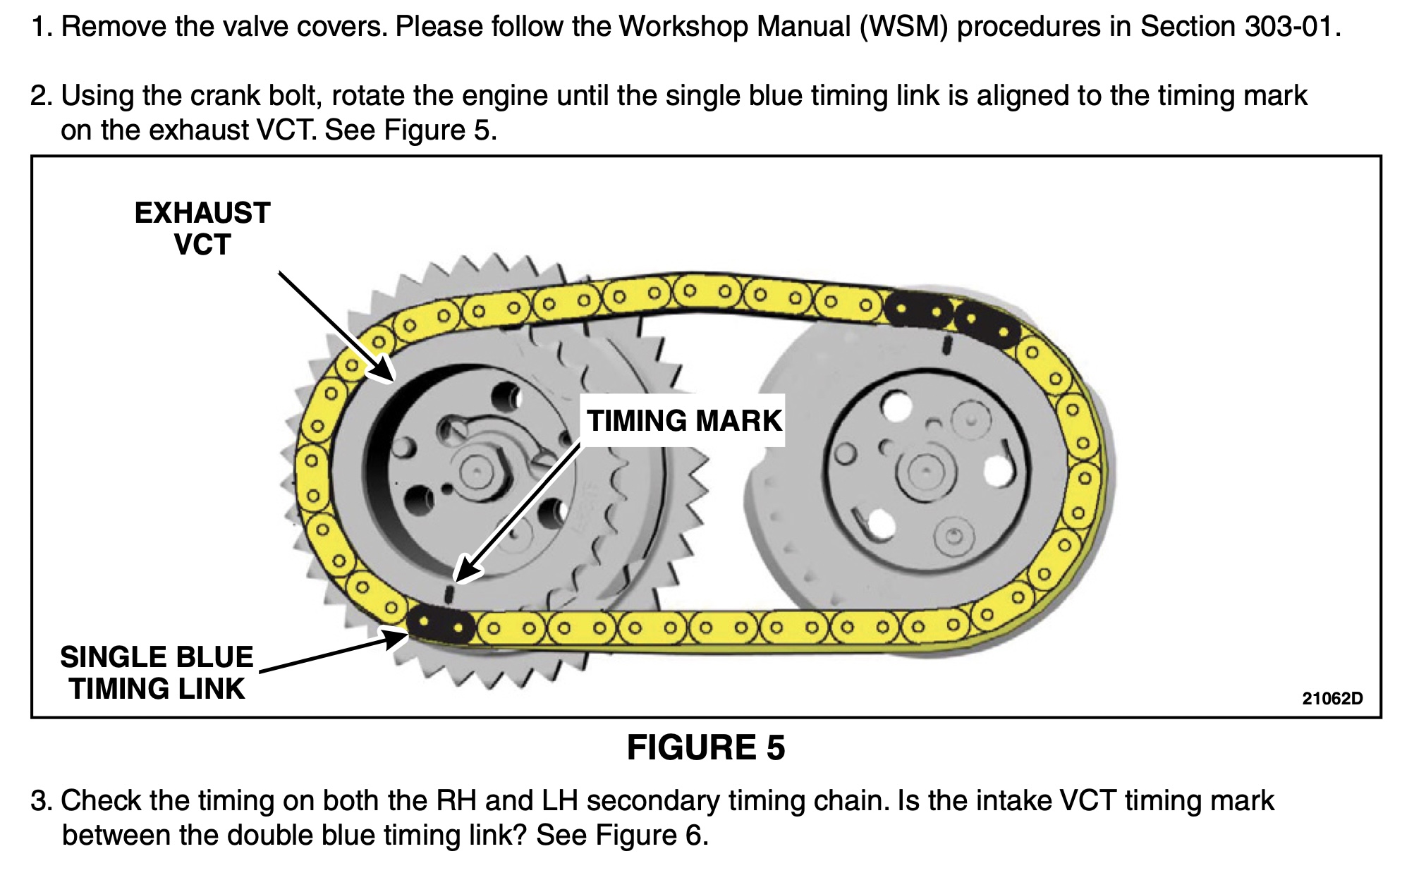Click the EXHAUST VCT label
[202, 228]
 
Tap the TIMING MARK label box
[684, 421]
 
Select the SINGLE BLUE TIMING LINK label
[157, 673]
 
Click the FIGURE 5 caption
[705, 747]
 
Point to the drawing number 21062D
[1332, 699]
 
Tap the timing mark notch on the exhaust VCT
[451, 593]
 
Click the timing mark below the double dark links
[948, 345]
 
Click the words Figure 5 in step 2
[437, 130]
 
